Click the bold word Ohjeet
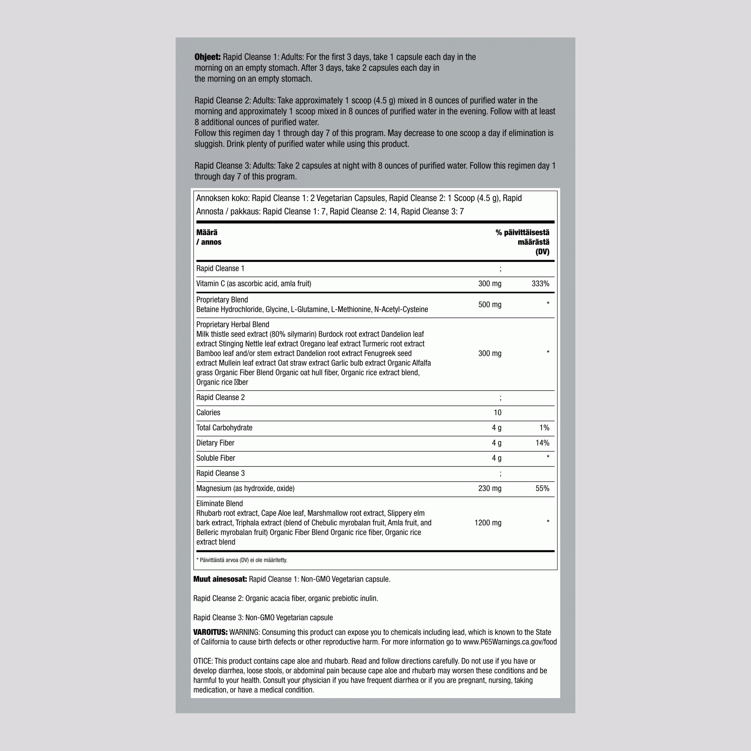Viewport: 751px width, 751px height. tap(207, 57)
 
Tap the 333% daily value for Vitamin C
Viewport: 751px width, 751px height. tap(540, 284)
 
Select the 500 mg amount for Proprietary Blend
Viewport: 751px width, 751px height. tap(490, 305)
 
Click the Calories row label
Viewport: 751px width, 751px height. tap(208, 413)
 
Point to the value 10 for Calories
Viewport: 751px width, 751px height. tap(497, 413)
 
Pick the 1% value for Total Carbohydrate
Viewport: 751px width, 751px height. tap(544, 428)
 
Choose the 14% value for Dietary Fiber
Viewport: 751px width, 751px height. tap(542, 443)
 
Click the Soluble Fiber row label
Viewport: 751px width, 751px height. tap(215, 458)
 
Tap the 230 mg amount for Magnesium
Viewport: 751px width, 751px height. tap(490, 488)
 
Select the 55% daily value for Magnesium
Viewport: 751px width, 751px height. tap(542, 488)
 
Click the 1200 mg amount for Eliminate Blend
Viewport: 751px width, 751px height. tap(487, 523)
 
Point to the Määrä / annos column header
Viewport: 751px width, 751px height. tap(208, 237)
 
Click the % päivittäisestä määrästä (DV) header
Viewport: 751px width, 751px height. tap(523, 242)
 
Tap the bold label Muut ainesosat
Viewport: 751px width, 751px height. tap(220, 579)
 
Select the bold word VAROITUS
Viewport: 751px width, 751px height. tap(210, 633)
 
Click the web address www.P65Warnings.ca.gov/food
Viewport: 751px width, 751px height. tap(510, 642)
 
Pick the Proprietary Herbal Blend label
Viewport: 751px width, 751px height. tap(232, 325)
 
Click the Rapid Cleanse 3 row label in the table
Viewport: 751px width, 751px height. tap(220, 473)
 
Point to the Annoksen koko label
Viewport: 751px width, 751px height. tap(222, 198)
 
